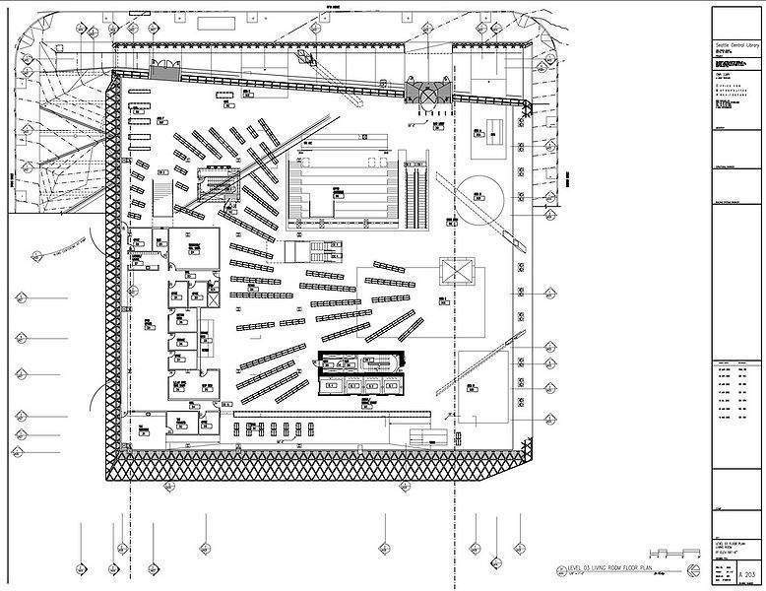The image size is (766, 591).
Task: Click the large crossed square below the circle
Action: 457,272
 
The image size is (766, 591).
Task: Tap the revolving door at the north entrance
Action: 430,91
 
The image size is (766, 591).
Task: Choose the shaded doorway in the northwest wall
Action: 164,72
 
